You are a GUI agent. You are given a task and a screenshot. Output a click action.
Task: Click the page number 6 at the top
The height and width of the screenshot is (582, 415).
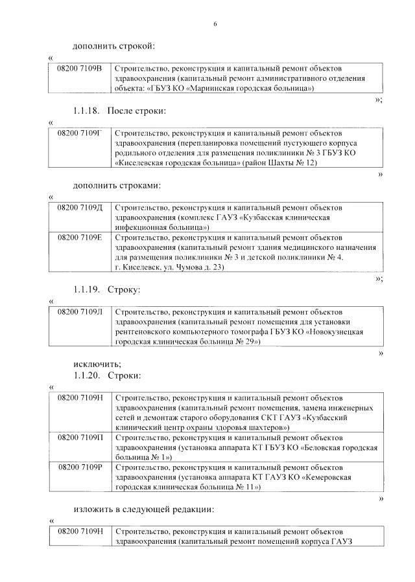click(215, 24)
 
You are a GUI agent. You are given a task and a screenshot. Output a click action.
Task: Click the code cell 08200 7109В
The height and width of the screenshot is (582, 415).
click(80, 69)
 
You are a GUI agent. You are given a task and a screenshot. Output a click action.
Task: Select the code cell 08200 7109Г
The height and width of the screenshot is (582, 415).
click(80, 133)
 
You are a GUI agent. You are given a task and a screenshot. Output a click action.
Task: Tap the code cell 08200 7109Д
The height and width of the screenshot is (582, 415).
click(80, 208)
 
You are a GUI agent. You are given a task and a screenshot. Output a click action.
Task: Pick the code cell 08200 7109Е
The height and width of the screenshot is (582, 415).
click(80, 238)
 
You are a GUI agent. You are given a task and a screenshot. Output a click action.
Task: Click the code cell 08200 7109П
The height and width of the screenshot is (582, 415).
click(80, 438)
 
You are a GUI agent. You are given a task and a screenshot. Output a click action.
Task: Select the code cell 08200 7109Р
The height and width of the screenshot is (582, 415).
click(80, 467)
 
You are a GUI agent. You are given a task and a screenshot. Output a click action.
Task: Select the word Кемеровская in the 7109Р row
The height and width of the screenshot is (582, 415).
click(324, 477)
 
